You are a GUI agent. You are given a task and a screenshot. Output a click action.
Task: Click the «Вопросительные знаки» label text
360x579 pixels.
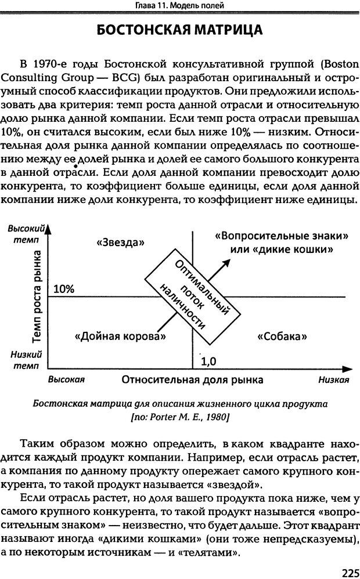[x=281, y=236]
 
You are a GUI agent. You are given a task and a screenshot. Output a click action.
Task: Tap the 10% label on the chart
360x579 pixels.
[x=64, y=289]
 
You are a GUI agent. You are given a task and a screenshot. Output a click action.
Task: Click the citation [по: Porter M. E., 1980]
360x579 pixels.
[x=181, y=417]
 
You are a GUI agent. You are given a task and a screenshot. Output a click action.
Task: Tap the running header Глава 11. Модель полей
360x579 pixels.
[x=180, y=5]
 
